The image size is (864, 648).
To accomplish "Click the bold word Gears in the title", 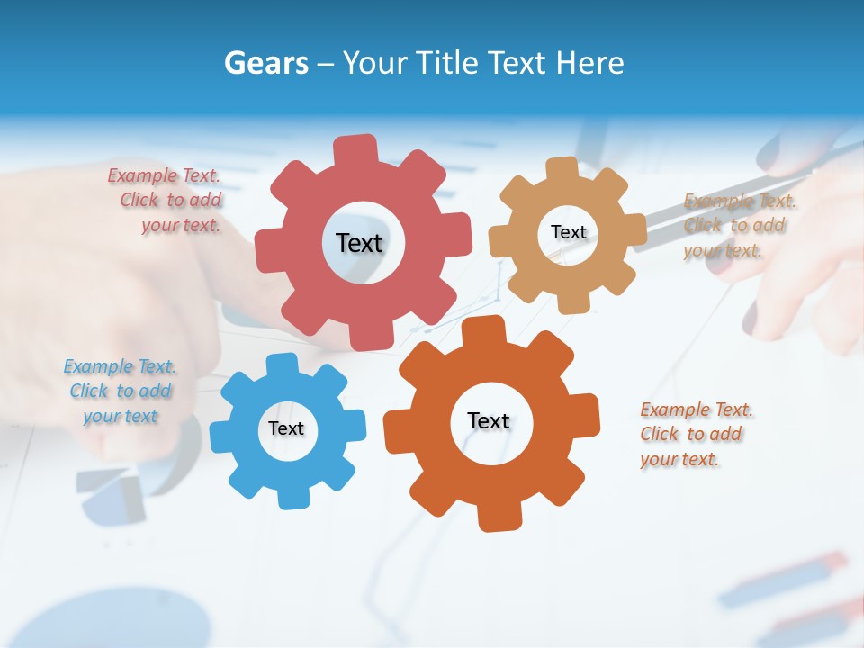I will click(266, 63).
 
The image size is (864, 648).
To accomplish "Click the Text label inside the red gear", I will click(359, 243).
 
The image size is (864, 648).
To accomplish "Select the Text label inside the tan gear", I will click(568, 232).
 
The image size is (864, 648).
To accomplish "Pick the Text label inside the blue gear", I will click(286, 428).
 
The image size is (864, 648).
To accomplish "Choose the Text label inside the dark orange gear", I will click(489, 420).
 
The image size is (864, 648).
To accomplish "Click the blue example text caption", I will click(120, 391).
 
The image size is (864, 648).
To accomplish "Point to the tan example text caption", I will click(738, 226).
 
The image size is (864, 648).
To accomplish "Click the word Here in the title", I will click(590, 63).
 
